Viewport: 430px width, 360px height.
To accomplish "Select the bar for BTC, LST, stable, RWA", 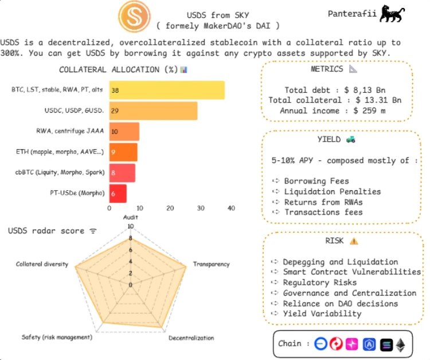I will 167,91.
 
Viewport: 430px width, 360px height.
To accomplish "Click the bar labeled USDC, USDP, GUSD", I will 153,111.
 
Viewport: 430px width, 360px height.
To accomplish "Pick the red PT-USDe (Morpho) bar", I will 118,194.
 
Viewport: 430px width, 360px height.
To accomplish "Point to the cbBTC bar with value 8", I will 122,173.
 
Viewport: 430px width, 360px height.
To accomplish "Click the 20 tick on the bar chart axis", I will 170,209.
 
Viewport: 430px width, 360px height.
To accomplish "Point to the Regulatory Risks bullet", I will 320,283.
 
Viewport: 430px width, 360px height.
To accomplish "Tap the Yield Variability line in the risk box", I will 322,314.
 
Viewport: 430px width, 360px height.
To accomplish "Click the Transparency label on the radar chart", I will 211,264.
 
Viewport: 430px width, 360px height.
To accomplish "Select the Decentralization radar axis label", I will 191,338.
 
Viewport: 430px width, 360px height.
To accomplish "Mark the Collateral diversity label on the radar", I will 42,264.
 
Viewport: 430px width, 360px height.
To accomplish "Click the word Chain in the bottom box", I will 290,344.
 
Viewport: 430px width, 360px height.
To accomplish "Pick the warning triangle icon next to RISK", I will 353,241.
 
